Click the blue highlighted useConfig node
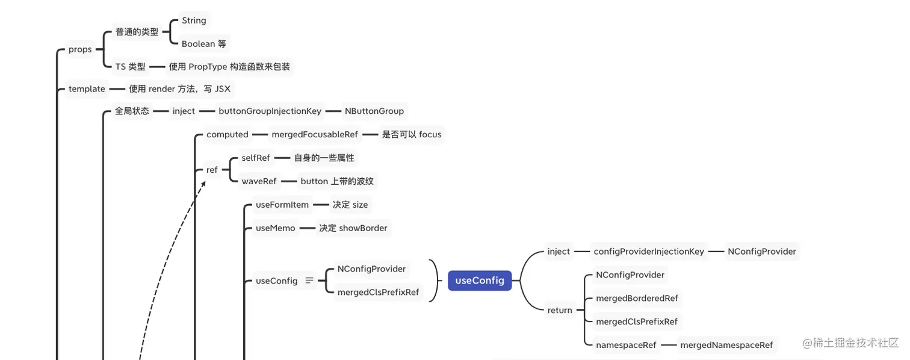click(480, 281)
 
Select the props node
click(80, 49)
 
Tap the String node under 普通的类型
click(194, 20)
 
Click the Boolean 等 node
click(203, 43)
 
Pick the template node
click(87, 89)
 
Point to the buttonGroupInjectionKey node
click(270, 111)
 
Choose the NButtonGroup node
click(374, 111)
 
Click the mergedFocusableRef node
click(315, 135)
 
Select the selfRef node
click(256, 158)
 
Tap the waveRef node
click(259, 181)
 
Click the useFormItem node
click(282, 205)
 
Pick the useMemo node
click(276, 228)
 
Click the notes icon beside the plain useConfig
click(309, 281)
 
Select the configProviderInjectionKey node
click(649, 252)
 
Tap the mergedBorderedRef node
click(637, 299)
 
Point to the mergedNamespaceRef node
click(726, 345)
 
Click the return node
click(560, 311)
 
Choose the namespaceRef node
click(626, 345)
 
